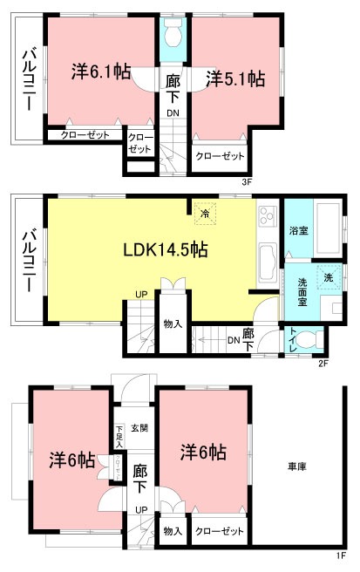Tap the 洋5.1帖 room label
(235, 79)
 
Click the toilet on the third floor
(173, 35)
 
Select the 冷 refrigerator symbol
(206, 212)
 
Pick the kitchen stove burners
(267, 216)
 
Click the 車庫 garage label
(296, 467)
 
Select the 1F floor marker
(343, 555)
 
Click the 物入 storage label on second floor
(173, 324)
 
